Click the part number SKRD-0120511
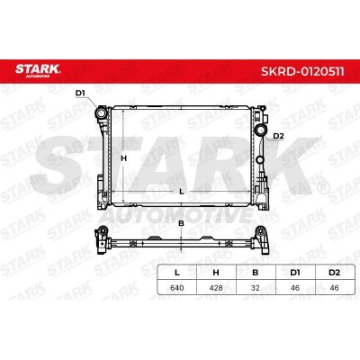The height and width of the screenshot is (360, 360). (x=302, y=72)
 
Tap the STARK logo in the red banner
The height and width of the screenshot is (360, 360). (x=38, y=70)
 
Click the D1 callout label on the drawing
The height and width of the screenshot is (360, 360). (x=80, y=94)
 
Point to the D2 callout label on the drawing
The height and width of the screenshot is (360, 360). (x=278, y=136)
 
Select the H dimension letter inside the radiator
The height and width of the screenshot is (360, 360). (x=123, y=158)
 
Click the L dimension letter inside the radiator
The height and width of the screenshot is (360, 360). (x=181, y=192)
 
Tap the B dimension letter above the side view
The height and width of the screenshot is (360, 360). (x=181, y=223)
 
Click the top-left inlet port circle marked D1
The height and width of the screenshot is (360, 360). (x=101, y=113)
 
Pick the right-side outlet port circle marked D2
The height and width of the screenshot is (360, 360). (x=260, y=130)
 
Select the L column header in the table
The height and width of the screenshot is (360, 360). (x=177, y=273)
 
